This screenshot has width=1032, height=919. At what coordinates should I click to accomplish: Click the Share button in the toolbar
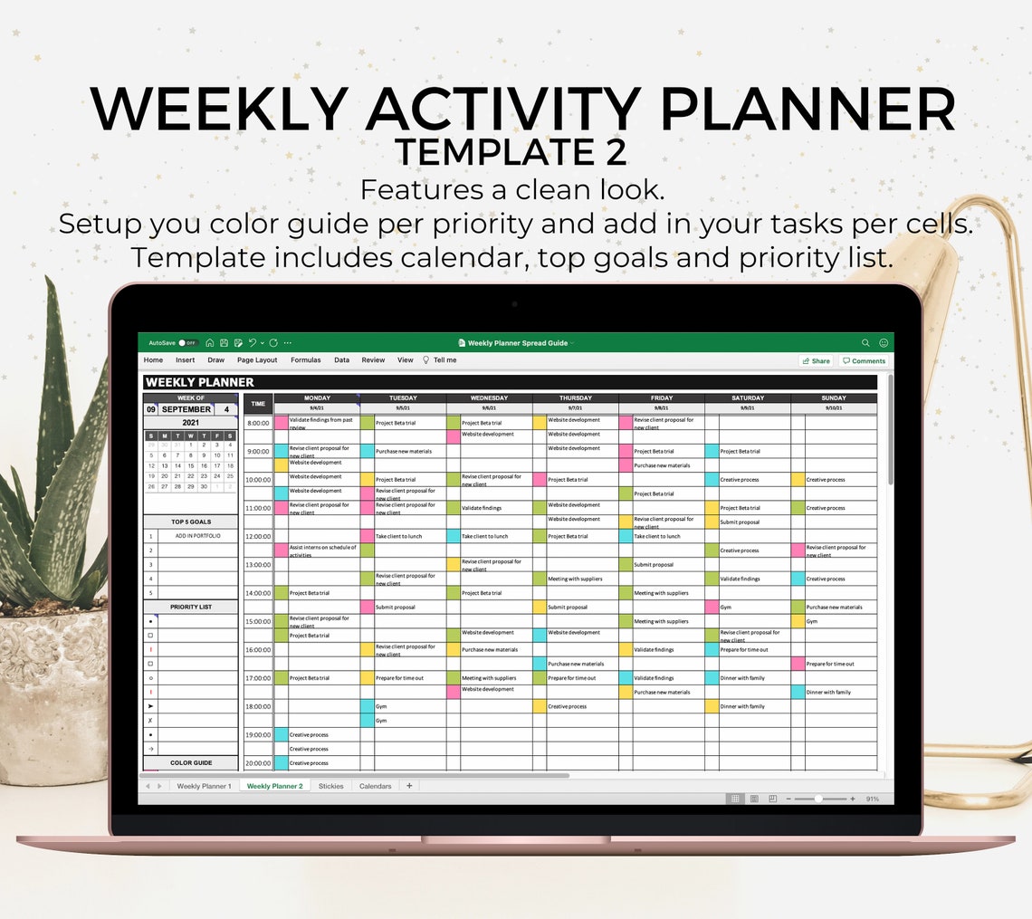coord(816,360)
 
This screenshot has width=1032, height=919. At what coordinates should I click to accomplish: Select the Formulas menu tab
coord(306,360)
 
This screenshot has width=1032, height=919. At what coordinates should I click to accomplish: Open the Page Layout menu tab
coord(257,360)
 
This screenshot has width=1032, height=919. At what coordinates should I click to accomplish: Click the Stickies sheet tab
coord(330,786)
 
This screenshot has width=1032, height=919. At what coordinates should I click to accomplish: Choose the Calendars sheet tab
coord(375,786)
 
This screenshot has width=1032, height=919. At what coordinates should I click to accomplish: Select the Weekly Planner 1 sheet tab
coord(204,786)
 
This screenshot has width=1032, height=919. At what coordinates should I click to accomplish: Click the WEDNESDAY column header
coord(489,397)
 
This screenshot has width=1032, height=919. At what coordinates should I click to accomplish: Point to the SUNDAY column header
coord(834,397)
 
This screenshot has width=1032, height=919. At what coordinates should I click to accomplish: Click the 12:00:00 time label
coord(258,536)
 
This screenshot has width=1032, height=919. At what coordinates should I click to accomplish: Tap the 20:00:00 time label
coord(258,763)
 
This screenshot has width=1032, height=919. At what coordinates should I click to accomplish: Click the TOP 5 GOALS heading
coord(191,522)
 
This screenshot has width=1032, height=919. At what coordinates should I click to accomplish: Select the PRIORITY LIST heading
coord(191,607)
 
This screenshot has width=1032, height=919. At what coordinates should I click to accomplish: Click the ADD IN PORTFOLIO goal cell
coord(197,536)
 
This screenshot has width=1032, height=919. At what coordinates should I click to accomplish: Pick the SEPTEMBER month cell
coord(186,409)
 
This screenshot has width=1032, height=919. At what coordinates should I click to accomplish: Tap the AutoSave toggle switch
coord(187,343)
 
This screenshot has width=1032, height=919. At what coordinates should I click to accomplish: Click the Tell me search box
coord(444,360)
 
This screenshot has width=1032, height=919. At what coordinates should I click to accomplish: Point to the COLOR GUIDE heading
coord(191,763)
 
